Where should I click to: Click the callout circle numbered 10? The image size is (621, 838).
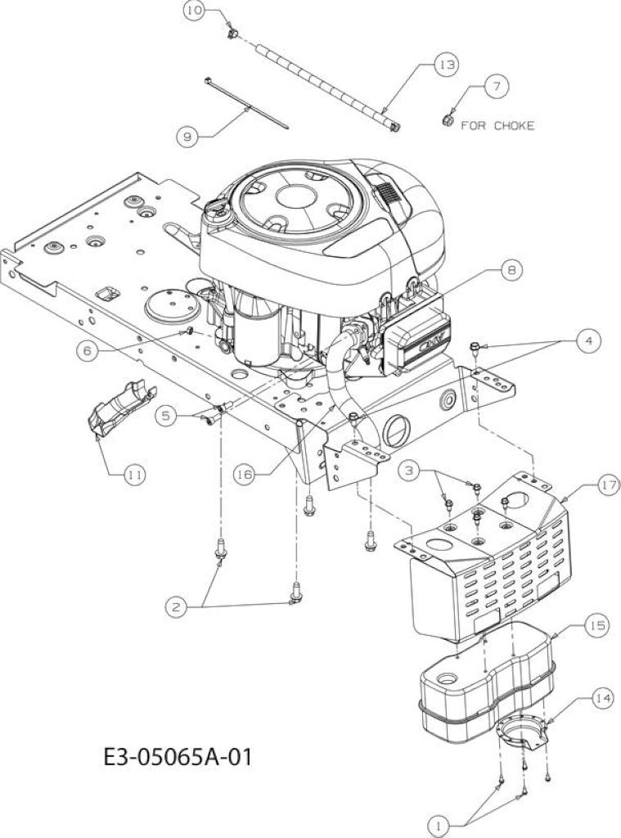[x=193, y=11]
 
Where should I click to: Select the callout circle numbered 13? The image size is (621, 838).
[x=446, y=65]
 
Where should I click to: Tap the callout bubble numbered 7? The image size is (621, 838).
[x=497, y=85]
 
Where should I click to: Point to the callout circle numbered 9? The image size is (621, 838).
[x=187, y=137]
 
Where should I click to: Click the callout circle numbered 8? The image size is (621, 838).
[x=511, y=270]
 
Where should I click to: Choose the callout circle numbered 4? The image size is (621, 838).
[x=589, y=341]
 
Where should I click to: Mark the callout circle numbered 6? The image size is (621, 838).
[x=88, y=350]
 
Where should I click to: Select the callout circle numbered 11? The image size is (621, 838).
[x=134, y=474]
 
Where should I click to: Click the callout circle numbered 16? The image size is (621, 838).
[x=245, y=475]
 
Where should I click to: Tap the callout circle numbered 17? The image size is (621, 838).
[x=607, y=486]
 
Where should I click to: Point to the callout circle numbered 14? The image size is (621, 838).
[x=603, y=699]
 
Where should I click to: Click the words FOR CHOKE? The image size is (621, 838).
[x=497, y=125]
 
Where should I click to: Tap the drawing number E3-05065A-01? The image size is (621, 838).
[x=178, y=757]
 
